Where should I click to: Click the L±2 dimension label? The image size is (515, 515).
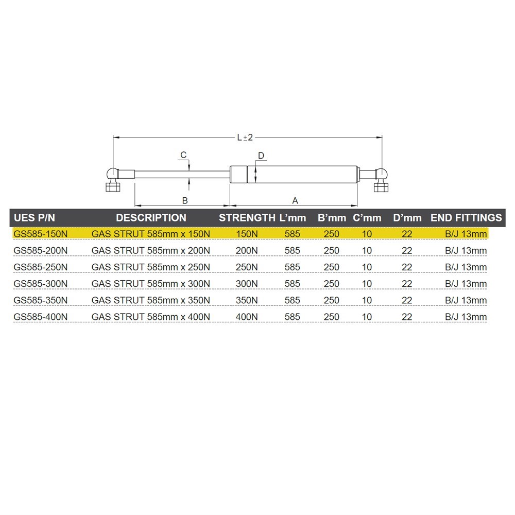[x=245, y=138]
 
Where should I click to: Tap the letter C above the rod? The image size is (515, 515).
[x=183, y=155]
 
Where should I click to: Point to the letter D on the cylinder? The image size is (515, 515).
[x=261, y=156]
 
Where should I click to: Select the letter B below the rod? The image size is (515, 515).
[x=185, y=200]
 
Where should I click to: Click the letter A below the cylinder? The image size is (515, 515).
[x=295, y=200]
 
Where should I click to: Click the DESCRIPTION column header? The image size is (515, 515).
[x=151, y=218]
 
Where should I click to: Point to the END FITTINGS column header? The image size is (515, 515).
[x=466, y=218]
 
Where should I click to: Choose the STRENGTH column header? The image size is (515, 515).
[x=247, y=218]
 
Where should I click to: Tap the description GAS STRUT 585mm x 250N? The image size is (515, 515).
[x=151, y=267]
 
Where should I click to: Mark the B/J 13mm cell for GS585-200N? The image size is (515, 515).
[x=466, y=251]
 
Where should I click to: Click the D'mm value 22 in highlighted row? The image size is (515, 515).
[x=407, y=234]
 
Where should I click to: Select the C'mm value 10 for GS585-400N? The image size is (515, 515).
[x=367, y=317]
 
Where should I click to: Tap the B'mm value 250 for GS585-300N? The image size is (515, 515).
[x=332, y=284]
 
